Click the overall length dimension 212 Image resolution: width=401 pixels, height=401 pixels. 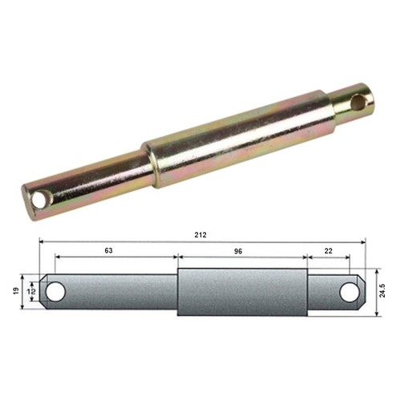[200, 235]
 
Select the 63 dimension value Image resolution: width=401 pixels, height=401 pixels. [108, 250]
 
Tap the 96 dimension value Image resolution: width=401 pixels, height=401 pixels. [238, 251]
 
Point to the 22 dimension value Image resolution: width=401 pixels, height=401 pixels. [328, 251]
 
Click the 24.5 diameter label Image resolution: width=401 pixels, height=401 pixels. [383, 290]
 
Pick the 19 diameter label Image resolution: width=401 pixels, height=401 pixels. [16, 290]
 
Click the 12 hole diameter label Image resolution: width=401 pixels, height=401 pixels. [33, 291]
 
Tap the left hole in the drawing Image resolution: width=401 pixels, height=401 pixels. [55, 292]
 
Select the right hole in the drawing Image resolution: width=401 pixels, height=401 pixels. [350, 292]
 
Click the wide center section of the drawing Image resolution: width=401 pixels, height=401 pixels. [242, 292]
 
